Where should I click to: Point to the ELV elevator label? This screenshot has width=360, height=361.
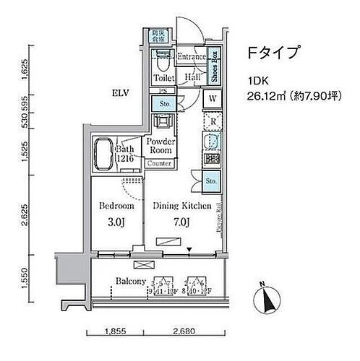coord(121,92)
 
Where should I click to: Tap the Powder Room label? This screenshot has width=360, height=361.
coord(160,147)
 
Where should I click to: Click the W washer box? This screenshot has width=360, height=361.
coord(214,99)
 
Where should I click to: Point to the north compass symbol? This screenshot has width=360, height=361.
coord(267,296)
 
